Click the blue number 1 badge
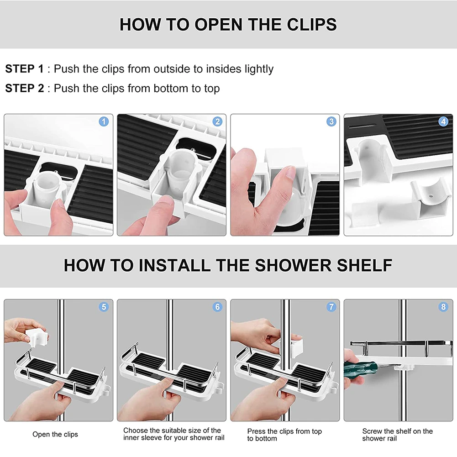coord(104,121)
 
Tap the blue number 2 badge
coord(217,121)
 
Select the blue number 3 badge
coord(331,121)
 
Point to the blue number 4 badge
coord(443,121)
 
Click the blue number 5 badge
coord(104,307)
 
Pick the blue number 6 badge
coord(217,307)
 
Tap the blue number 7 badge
coord(331,307)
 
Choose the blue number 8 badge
coord(443,307)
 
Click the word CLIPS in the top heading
coord(312,25)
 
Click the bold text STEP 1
coord(25,69)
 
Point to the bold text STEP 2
coord(25,88)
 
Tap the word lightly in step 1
coord(259,69)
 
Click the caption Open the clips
coord(55,434)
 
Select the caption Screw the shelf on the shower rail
coord(397,435)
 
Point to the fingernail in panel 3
coord(290,172)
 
